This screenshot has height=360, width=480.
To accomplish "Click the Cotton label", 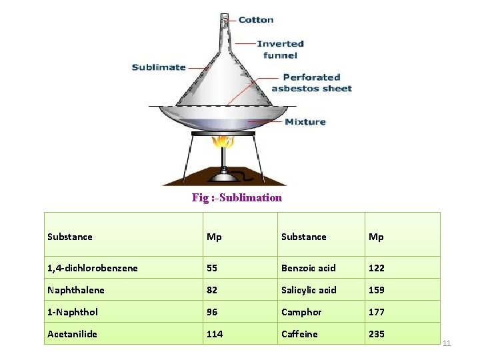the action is [x=256, y=19].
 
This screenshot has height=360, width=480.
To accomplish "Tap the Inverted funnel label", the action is [x=281, y=49].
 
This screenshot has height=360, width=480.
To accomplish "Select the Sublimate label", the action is [x=158, y=67].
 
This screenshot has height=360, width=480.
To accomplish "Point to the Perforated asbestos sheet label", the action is [x=311, y=83].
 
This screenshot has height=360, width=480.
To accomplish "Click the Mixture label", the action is [x=305, y=121].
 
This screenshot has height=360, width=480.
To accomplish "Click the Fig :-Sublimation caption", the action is [x=237, y=197].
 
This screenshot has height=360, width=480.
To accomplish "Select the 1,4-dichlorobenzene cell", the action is [x=93, y=268].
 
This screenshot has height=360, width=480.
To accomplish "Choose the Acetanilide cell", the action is [x=72, y=334].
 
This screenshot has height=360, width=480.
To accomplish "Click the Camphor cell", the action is [x=301, y=312].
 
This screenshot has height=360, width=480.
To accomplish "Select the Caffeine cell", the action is [x=299, y=334].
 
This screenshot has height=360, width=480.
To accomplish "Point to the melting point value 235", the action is [x=377, y=334].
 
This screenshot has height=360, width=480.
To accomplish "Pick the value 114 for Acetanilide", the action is [x=215, y=334].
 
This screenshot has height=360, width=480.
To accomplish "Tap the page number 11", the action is [x=447, y=343].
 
